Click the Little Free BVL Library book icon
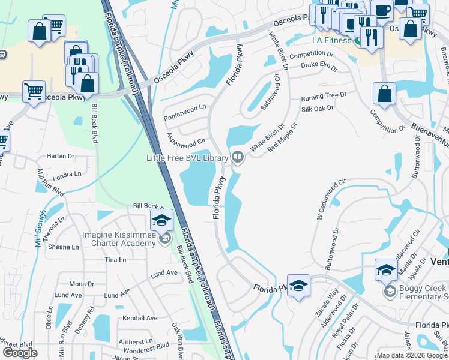pos(238,158)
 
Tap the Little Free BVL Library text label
pos(187,158)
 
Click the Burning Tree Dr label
pos(324,95)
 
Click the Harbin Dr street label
pos(61,156)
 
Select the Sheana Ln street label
pos(63,247)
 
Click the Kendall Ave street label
pos(139,318)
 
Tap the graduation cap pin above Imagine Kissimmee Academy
pos(161,220)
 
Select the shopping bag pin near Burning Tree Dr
pos(384,95)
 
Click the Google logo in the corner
pos(20,353)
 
